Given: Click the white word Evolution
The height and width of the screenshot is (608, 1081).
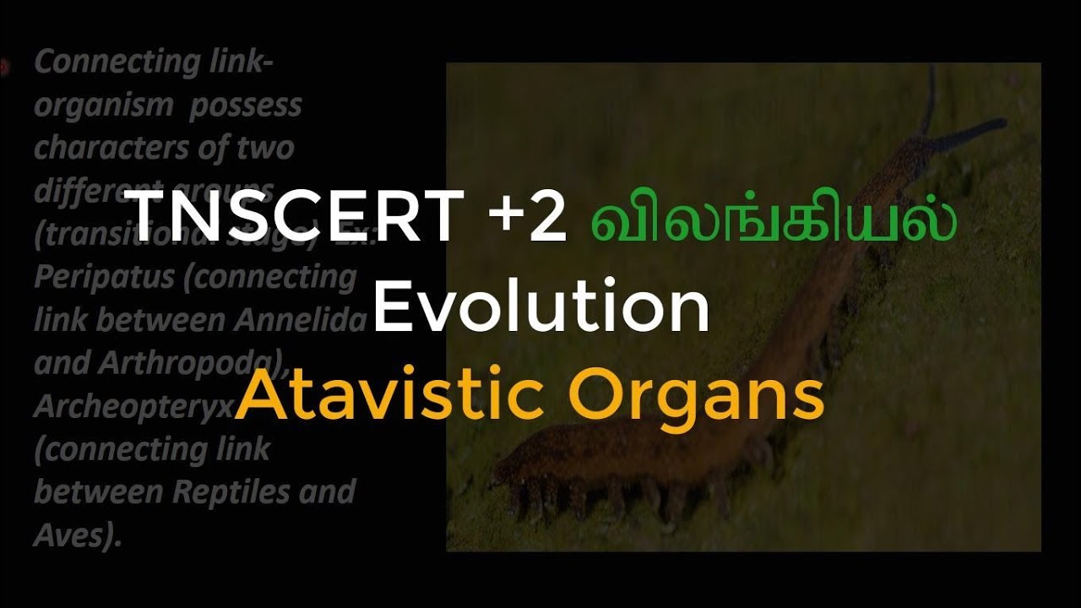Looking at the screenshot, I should point(540,308).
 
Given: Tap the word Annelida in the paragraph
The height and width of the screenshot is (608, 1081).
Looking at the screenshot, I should point(318,320).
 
